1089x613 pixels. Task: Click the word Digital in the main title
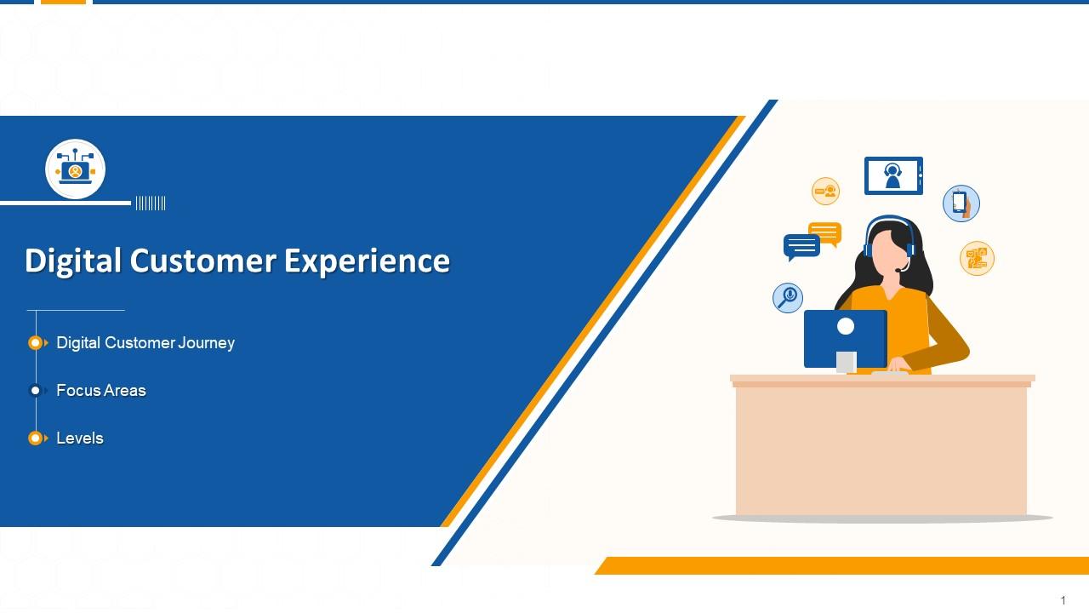(x=73, y=261)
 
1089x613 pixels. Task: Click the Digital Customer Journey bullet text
(x=145, y=343)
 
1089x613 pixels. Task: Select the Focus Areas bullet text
(x=101, y=391)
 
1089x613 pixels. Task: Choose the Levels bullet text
(x=80, y=438)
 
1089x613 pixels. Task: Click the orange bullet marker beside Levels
(x=36, y=438)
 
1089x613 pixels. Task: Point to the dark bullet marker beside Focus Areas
(x=36, y=391)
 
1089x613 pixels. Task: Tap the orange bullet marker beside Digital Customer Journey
(x=36, y=343)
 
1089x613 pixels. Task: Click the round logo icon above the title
(x=76, y=169)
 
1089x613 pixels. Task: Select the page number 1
(x=1063, y=601)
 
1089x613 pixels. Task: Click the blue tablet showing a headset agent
(x=892, y=176)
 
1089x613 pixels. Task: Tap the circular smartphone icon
(x=961, y=203)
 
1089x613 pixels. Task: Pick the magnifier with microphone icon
(x=788, y=297)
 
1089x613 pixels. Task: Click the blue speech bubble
(x=801, y=246)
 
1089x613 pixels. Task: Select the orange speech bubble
(x=825, y=232)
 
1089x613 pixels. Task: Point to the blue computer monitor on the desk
(x=845, y=338)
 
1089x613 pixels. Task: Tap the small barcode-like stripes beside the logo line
(x=151, y=203)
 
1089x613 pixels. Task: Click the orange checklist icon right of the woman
(x=977, y=258)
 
